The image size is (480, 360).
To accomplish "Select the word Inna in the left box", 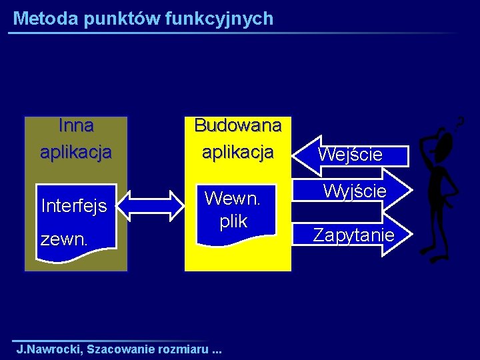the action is pyautogui.click(x=75, y=125).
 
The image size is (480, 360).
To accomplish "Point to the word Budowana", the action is pyautogui.click(x=237, y=125).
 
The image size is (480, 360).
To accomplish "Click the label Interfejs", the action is pyautogui.click(x=74, y=206).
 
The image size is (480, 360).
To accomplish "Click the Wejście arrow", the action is pyautogui.click(x=350, y=155).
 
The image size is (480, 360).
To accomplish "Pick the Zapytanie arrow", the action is pyautogui.click(x=353, y=235).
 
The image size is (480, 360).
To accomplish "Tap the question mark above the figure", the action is pyautogui.click(x=460, y=121).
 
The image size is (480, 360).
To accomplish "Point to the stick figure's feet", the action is pyautogui.click(x=433, y=254).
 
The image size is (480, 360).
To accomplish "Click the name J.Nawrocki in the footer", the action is pyautogui.click(x=48, y=349).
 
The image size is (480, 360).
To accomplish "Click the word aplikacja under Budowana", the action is pyautogui.click(x=237, y=152).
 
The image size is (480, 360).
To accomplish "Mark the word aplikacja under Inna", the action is pyautogui.click(x=75, y=152).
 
